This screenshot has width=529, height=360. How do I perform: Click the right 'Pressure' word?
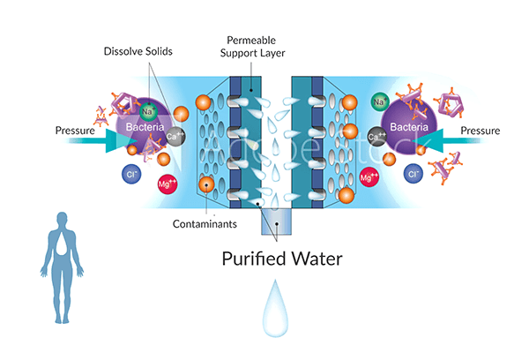click(x=479, y=131)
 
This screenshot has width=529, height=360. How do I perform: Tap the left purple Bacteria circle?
click(x=141, y=126)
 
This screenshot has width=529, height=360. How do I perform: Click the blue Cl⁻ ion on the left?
click(x=129, y=174)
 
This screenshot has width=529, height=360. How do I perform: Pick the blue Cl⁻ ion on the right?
click(x=412, y=174)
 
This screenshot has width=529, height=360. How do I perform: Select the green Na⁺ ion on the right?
click(x=382, y=102)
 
